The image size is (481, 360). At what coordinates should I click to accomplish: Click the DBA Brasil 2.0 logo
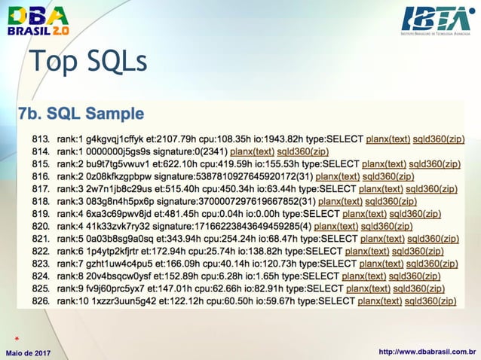pyautogui.click(x=38, y=20)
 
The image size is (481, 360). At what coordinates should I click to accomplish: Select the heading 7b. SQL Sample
pyautogui.click(x=81, y=114)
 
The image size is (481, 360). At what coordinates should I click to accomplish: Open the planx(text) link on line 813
pyautogui.click(x=388, y=139)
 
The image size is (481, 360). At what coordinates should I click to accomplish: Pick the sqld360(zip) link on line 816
pyautogui.click(x=388, y=176)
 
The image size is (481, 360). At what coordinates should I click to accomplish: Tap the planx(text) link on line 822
pyautogui.click(x=366, y=251)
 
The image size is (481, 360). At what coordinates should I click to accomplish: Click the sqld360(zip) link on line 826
pyautogui.click(x=430, y=301)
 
